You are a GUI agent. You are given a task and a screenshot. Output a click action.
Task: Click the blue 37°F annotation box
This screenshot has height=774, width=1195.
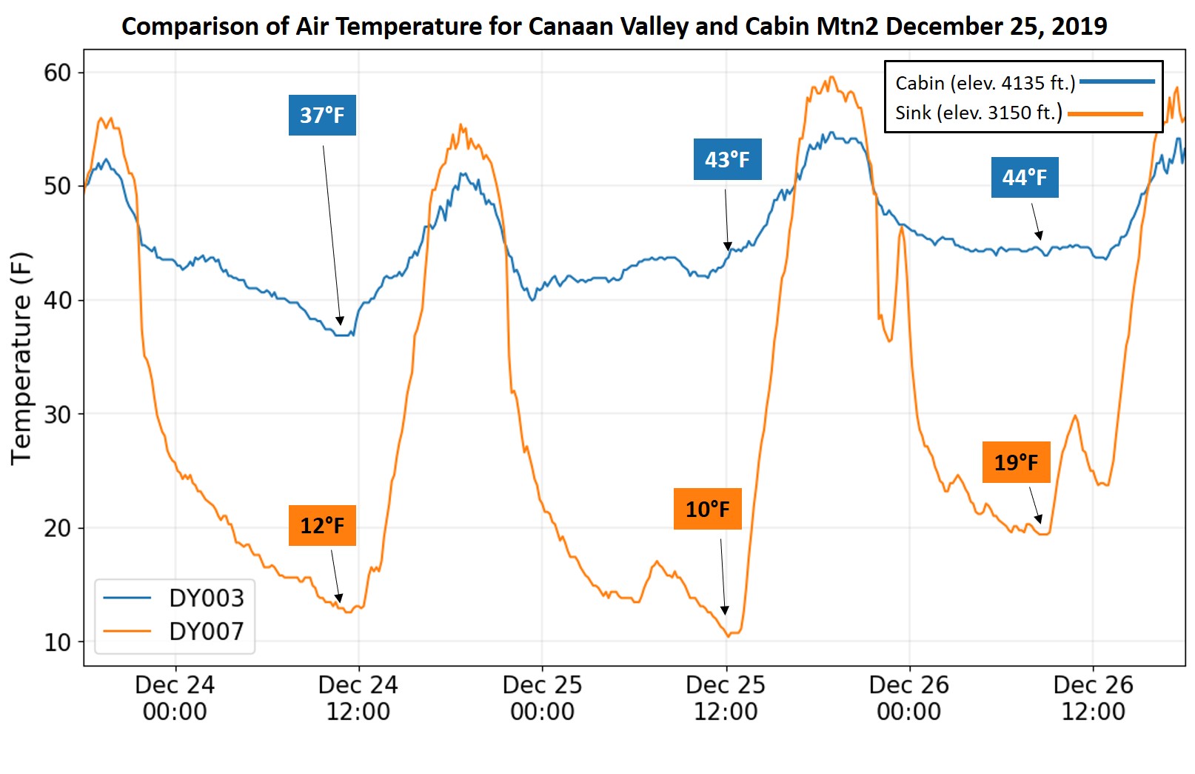[322, 115]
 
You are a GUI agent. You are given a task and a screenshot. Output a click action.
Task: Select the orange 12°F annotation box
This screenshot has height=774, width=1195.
[322, 525]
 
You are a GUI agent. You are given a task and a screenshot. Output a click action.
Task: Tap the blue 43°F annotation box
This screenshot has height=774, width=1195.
[727, 159]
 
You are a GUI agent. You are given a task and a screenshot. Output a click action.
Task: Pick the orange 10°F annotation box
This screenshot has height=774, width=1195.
[707, 509]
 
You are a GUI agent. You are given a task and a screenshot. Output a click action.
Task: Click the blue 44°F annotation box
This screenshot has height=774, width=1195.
[1025, 177]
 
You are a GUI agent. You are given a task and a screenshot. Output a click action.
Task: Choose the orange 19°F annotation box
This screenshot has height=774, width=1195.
[1016, 462]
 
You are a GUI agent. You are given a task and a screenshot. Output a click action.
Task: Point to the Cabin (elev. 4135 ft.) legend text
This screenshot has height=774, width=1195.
[985, 82]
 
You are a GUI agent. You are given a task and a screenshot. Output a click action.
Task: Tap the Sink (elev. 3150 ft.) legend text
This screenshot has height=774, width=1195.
[978, 113]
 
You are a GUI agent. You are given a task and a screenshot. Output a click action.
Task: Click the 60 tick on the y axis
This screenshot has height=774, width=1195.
[58, 73]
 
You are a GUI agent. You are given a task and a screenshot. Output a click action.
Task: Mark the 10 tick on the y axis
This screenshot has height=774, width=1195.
[58, 642]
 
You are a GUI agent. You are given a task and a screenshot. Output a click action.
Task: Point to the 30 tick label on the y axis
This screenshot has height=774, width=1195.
[58, 415]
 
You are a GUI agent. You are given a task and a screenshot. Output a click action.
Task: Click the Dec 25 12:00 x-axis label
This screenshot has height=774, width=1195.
[726, 698]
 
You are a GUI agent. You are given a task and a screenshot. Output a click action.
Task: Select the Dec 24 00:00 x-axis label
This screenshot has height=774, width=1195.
[175, 698]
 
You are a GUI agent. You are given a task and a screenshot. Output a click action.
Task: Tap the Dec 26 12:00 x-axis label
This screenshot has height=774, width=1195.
[1093, 698]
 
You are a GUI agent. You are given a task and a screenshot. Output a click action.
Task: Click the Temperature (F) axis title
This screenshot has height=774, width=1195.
[21, 358]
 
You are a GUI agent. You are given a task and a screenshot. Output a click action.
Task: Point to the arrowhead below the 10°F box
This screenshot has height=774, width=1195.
[725, 610]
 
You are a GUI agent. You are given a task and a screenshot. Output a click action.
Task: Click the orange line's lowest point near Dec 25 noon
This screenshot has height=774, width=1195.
[729, 635]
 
